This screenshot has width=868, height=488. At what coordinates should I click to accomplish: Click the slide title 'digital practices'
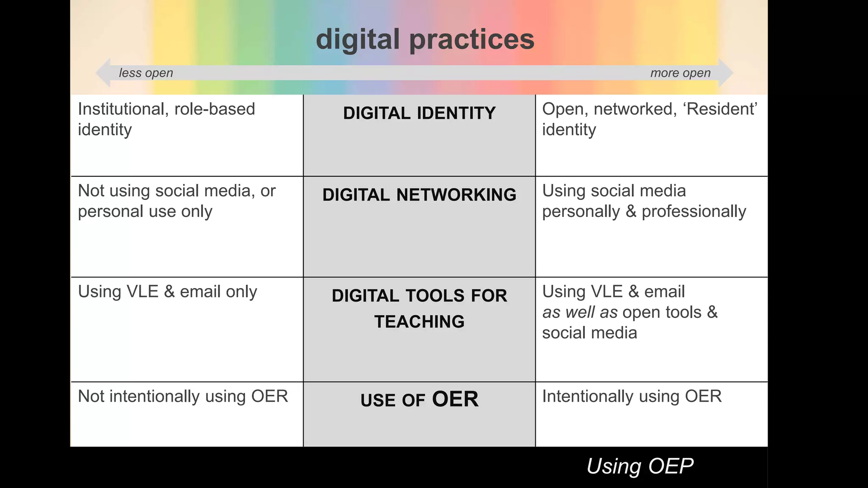425,39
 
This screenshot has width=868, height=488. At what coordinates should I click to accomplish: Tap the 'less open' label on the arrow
146,73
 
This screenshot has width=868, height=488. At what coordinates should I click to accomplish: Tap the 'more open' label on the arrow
680,73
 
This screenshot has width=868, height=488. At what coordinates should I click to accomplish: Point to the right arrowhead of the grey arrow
725,73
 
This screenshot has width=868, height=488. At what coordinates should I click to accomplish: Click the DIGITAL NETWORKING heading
419,195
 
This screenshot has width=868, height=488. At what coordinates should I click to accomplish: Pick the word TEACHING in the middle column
419,322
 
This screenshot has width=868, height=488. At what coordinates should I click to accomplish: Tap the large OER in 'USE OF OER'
455,399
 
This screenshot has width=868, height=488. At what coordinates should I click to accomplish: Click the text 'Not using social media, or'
177,191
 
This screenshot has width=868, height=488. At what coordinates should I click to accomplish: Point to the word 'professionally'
694,211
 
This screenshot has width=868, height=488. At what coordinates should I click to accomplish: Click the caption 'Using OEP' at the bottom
640,466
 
